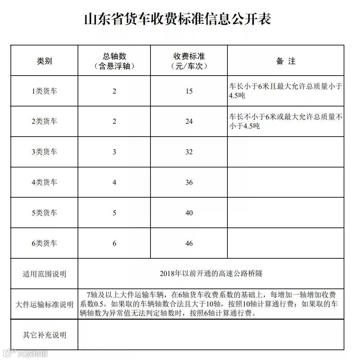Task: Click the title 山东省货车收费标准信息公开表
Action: tap(178, 19)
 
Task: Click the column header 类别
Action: tap(44, 61)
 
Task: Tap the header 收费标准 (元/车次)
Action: tap(189, 61)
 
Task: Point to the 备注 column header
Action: tap(286, 61)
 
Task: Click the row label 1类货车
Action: tap(44, 91)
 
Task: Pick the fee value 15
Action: tap(189, 91)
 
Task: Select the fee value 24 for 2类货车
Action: tap(189, 121)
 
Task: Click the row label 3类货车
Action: tap(44, 152)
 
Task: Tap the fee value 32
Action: tap(189, 152)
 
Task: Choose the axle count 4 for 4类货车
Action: tap(115, 182)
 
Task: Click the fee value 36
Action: tap(189, 182)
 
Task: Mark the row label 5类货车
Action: tap(44, 213)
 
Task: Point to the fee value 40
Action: tap(189, 213)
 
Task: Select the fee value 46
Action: tap(189, 243)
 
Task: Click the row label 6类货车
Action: tap(44, 243)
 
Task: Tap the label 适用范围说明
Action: tap(44, 274)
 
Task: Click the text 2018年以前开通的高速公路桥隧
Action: tap(211, 274)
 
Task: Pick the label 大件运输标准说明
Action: tap(44, 304)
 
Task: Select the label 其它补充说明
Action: tap(44, 335)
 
